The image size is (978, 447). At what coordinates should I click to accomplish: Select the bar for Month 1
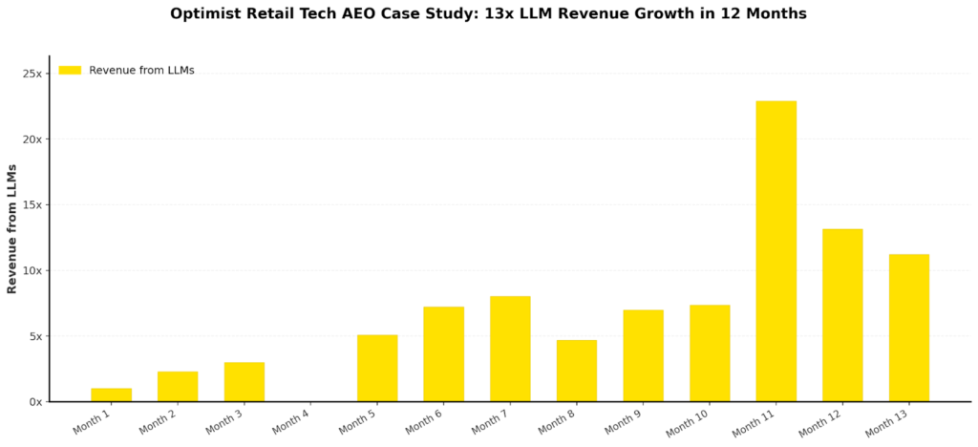(x=111, y=394)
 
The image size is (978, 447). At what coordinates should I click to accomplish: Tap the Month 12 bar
(x=842, y=314)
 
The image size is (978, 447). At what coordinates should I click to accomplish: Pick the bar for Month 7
(x=510, y=348)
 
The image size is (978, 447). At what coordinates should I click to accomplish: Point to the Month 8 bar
(x=577, y=370)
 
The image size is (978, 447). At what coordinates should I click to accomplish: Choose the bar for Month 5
(x=377, y=368)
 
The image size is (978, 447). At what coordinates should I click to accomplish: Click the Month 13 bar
(x=908, y=327)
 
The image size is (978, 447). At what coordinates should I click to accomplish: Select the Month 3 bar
(x=244, y=381)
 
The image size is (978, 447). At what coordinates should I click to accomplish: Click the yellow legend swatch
(x=70, y=70)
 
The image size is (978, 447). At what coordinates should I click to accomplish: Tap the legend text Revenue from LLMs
(x=141, y=70)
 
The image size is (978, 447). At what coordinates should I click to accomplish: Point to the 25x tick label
(x=32, y=74)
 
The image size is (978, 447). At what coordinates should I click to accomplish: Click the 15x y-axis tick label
(x=32, y=204)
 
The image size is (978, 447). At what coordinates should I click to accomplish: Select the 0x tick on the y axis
(x=34, y=401)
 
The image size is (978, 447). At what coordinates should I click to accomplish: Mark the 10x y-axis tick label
(x=32, y=270)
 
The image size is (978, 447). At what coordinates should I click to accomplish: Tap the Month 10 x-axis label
(x=688, y=421)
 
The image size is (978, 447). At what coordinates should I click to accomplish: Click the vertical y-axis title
(x=12, y=228)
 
